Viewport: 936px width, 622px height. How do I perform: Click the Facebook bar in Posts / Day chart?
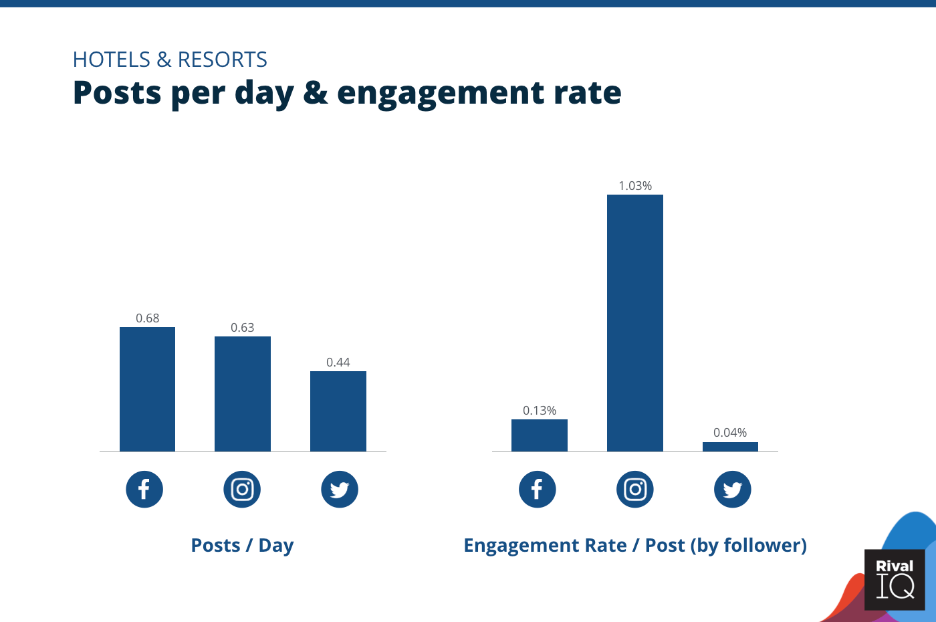click(x=147, y=389)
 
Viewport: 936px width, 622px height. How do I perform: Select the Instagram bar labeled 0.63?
click(x=243, y=394)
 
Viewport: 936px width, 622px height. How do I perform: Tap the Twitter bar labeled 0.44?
click(x=338, y=411)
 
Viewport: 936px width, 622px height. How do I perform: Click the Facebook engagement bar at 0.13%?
click(x=540, y=435)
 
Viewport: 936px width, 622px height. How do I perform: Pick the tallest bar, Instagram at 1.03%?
click(x=635, y=323)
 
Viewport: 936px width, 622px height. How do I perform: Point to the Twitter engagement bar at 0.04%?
click(x=730, y=447)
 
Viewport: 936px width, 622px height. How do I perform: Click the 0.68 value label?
click(x=148, y=318)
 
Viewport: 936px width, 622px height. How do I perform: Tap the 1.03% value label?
click(x=635, y=186)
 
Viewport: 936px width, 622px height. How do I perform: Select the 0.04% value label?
click(x=730, y=433)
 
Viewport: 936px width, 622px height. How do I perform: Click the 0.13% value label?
click(x=540, y=411)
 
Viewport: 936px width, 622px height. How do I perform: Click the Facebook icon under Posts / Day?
click(x=144, y=490)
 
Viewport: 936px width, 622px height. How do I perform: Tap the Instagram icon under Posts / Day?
click(x=242, y=490)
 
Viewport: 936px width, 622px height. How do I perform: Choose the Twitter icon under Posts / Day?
click(x=340, y=490)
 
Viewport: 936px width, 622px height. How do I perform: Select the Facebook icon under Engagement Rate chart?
click(x=538, y=490)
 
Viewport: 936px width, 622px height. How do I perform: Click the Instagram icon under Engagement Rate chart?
click(x=635, y=490)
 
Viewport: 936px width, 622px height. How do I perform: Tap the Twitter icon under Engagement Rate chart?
click(x=733, y=490)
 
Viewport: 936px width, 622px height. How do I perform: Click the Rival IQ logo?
click(x=895, y=579)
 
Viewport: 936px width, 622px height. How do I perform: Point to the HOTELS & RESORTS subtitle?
click(x=170, y=60)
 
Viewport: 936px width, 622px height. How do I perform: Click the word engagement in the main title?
click(x=441, y=93)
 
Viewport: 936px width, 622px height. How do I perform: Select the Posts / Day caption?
click(x=242, y=546)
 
